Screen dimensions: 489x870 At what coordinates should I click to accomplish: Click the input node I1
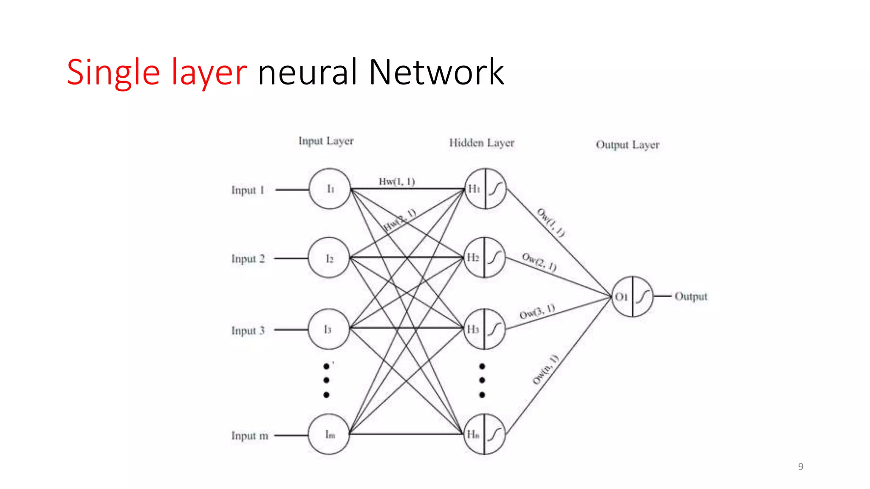tap(330, 189)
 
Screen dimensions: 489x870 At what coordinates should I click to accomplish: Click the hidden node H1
tap(486, 189)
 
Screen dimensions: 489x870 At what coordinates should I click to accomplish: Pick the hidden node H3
tap(484, 329)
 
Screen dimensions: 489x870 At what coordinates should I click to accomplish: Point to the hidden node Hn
tap(484, 434)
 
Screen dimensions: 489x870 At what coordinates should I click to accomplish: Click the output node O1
tap(632, 296)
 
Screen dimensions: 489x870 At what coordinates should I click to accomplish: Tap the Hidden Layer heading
tap(482, 143)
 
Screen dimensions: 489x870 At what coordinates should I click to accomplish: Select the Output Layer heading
tap(627, 145)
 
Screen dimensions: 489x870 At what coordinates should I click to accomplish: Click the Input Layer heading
tap(326, 141)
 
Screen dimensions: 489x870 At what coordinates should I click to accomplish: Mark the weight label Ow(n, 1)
tap(545, 369)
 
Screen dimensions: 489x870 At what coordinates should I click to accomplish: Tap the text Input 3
tap(248, 330)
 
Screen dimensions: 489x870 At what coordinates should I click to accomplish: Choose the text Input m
tap(250, 436)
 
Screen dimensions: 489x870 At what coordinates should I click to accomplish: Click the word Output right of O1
tap(691, 296)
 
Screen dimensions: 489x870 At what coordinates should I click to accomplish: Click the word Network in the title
tap(436, 72)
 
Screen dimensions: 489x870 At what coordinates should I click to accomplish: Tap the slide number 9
tap(800, 467)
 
